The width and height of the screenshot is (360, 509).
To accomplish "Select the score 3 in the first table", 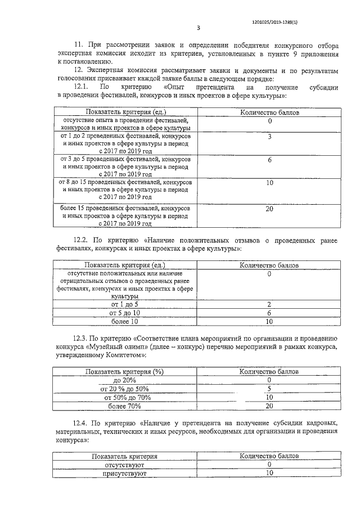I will [269, 137].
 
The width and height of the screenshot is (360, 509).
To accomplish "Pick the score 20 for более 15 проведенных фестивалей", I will [269, 208].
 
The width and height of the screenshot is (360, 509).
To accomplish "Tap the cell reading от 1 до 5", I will [124, 304].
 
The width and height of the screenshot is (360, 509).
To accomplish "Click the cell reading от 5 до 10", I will [124, 313].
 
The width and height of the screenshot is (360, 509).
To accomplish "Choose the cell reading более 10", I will [124, 321].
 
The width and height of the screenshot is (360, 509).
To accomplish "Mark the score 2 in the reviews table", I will [269, 304].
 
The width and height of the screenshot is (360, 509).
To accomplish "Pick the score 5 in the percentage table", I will [269, 389].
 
